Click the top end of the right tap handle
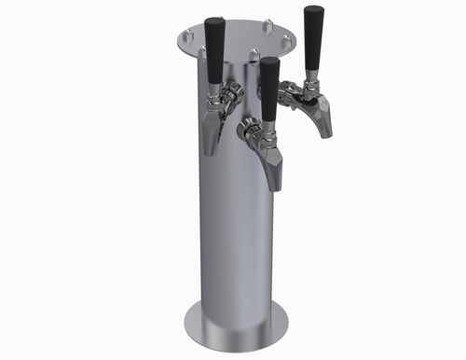(311, 9)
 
